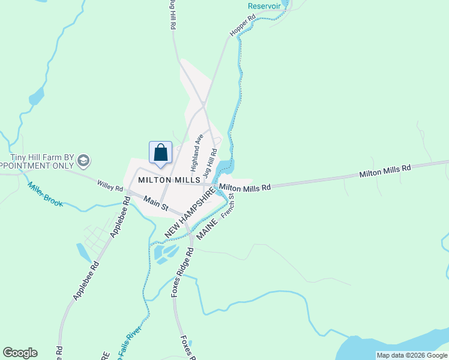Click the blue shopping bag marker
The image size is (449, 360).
click(160, 153)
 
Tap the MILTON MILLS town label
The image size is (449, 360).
click(168, 179)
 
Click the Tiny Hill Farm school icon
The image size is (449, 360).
click(83, 161)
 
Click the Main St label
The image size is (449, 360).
click(155, 203)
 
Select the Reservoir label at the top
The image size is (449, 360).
click(264, 5)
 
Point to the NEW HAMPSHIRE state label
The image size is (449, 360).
click(189, 212)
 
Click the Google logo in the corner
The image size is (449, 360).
click(20, 353)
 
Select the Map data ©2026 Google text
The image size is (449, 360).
click(411, 355)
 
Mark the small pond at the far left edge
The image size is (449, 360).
click(35, 95)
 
